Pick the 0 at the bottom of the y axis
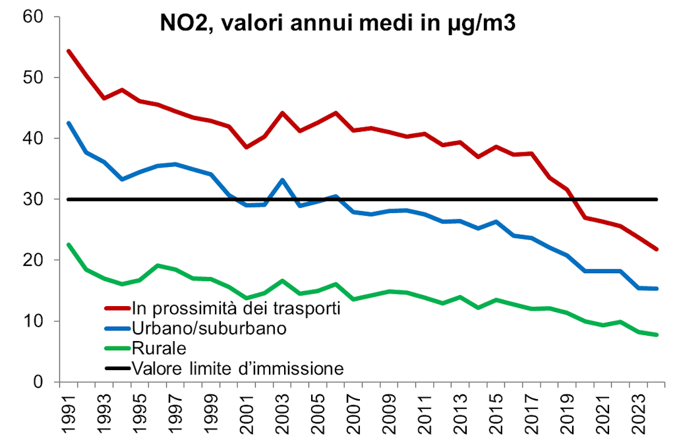tap(38, 382)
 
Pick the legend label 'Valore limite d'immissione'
tap(237, 367)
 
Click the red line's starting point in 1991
tap(69, 51)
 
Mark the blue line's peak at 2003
tap(282, 179)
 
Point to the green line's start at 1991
tap(69, 245)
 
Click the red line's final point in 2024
tap(657, 249)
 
